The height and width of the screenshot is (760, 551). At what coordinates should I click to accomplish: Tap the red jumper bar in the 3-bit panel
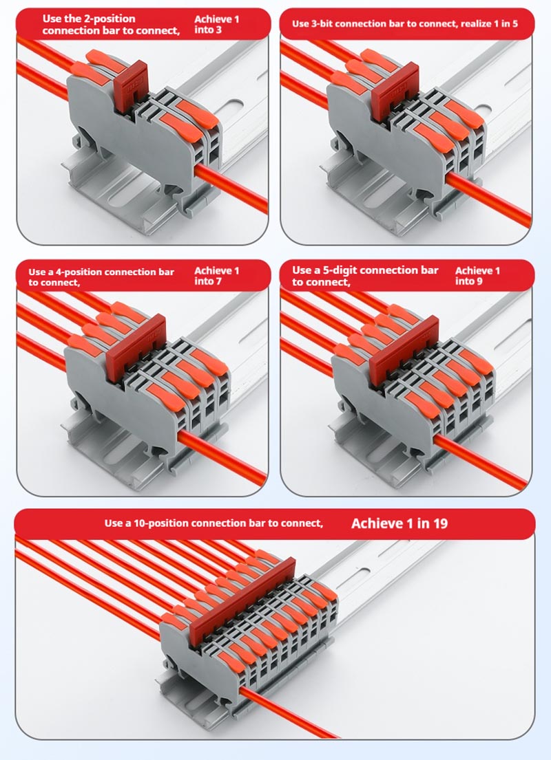click(x=394, y=92)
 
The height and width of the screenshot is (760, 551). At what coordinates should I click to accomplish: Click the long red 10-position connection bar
click(x=242, y=602)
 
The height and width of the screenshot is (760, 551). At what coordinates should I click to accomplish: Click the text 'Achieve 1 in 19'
click(x=399, y=523)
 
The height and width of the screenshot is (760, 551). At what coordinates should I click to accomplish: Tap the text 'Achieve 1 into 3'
click(x=216, y=24)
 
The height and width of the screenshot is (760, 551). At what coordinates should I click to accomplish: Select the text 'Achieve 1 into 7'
click(x=216, y=276)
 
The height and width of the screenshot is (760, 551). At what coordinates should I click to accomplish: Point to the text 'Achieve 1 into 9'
click(x=477, y=276)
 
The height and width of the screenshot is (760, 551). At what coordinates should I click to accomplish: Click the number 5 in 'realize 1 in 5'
click(x=514, y=23)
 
